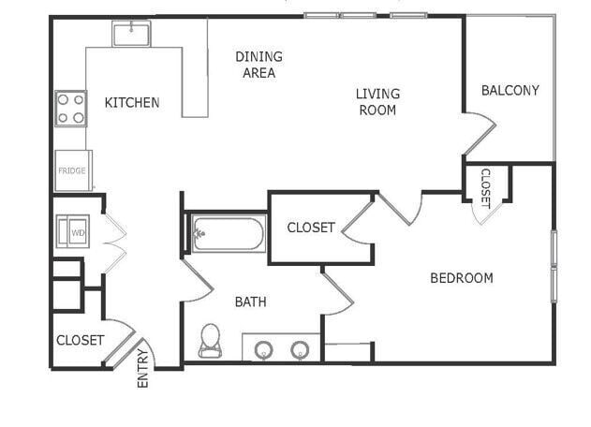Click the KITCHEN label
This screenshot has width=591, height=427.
pos(131,102)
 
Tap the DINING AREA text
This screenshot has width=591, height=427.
pos(259,65)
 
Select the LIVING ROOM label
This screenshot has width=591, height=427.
pos(377,101)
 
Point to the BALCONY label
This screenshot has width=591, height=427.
pos(510,90)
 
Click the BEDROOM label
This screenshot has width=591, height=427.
pos(461,277)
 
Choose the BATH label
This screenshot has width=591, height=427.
pos(250,302)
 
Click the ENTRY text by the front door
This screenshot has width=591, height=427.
pos(143,368)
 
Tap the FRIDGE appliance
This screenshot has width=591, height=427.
pos(72,170)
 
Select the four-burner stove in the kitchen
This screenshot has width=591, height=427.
pos(70,108)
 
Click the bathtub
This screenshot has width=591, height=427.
pos(229,233)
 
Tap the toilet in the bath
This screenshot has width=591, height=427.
pos(210,340)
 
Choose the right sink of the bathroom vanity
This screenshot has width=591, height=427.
pos(300,350)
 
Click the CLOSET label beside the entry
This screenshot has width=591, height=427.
pos(81,340)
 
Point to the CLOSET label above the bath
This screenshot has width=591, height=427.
pos(310,228)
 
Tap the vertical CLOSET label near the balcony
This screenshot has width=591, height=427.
pos(485,186)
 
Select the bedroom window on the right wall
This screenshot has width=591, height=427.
pos(554,266)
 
